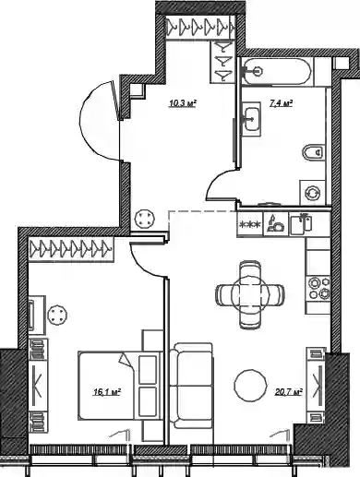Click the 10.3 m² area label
point(183,103)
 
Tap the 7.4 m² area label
point(281,103)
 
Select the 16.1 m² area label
point(107,392)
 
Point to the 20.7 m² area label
point(289,392)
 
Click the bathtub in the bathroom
point(277,71)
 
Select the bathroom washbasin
point(252,118)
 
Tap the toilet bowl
point(313,152)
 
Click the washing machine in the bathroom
point(312,193)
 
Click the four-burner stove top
point(318,288)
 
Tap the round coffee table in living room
point(250,385)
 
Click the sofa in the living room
point(191,386)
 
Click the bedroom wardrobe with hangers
point(71,248)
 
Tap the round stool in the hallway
point(145,219)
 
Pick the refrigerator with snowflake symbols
point(250,224)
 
